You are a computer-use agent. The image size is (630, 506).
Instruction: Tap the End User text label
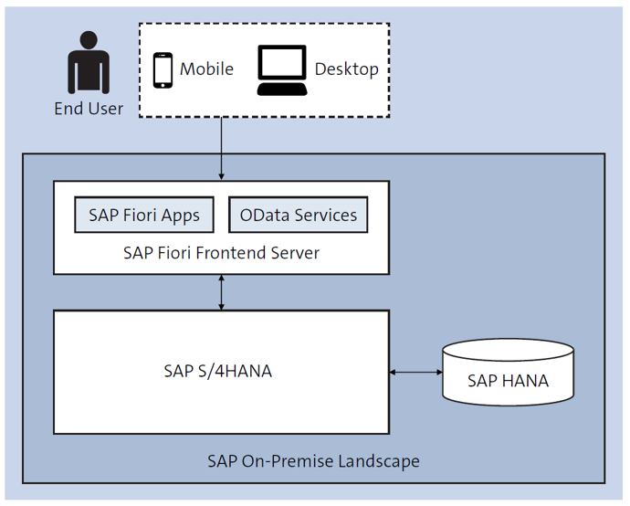pyautogui.click(x=89, y=109)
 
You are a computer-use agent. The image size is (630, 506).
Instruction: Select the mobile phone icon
pyautogui.click(x=163, y=69)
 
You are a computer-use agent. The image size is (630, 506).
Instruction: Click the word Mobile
pyautogui.click(x=206, y=69)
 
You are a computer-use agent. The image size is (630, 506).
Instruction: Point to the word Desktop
pyautogui.click(x=346, y=69)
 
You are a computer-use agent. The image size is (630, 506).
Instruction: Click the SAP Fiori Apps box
pyautogui.click(x=143, y=216)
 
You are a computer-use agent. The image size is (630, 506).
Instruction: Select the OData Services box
pyautogui.click(x=298, y=216)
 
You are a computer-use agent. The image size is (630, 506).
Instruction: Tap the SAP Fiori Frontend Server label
pyautogui.click(x=221, y=253)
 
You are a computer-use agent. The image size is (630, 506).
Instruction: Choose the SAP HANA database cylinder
pyautogui.click(x=508, y=372)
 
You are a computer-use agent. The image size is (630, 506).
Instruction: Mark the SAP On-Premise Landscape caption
pyautogui.click(x=313, y=459)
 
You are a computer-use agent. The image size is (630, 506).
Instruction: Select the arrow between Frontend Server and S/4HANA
pyautogui.click(x=221, y=292)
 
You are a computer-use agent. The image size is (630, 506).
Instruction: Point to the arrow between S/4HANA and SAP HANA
pyautogui.click(x=415, y=372)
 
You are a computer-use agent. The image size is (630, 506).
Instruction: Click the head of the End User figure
pyautogui.click(x=89, y=41)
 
